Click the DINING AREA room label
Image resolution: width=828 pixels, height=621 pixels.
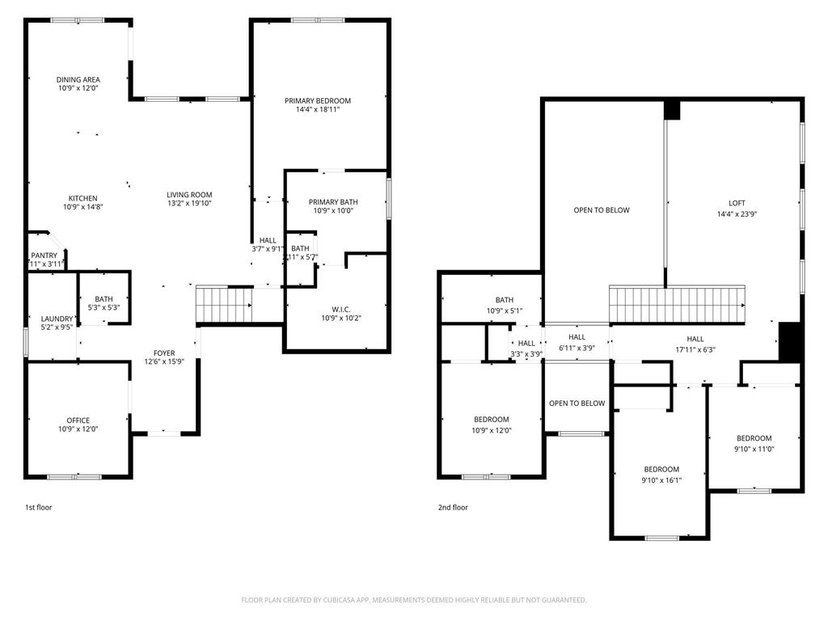78,79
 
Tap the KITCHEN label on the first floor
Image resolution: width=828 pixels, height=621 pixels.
82,198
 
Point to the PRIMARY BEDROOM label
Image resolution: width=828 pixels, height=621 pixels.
318,101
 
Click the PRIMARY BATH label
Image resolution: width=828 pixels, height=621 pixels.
333,202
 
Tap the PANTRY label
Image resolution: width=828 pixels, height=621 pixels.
44,256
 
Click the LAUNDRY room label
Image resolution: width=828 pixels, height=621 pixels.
57,319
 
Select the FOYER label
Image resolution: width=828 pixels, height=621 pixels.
164,353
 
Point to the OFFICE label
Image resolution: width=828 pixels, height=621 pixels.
78,420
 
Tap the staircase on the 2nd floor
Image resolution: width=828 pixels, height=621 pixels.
677,304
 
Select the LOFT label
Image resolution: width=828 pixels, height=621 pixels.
737,203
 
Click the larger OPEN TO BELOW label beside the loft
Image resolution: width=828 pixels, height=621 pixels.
601,210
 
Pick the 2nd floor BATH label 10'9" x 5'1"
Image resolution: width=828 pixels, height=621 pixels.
505,310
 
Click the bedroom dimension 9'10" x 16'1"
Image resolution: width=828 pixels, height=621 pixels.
661,479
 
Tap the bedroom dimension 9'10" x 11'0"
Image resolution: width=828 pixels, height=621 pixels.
754,449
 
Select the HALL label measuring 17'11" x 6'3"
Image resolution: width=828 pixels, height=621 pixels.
695,350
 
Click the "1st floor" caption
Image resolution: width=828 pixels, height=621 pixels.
39,508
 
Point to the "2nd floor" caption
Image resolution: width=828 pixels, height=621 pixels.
453,508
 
